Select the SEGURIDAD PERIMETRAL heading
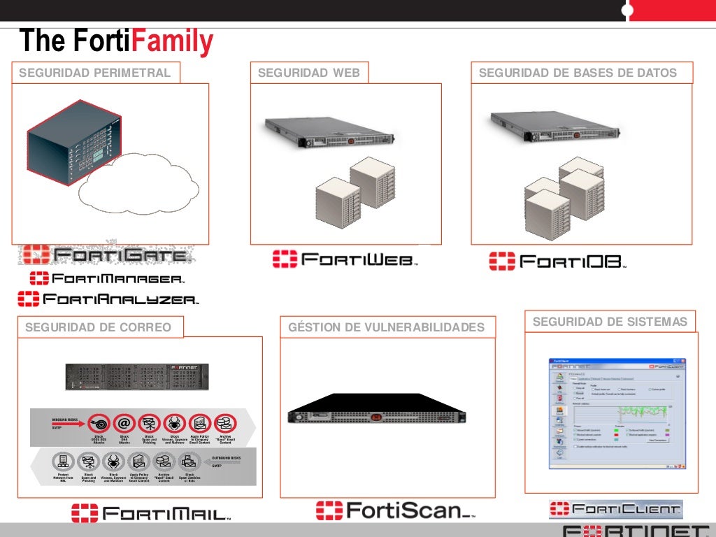pos(94,73)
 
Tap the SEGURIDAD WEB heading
pos(309,73)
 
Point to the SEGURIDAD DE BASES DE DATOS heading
pos(578,73)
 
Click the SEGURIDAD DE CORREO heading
pos(98,327)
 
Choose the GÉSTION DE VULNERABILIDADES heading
pos(387,327)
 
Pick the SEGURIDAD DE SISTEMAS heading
pos(610,322)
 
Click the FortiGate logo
pos(105,255)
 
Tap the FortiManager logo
pos(107,278)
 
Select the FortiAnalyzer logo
pos(108,299)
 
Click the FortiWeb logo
pos(345,259)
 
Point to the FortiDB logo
pos(557,262)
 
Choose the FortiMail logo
pos(151,514)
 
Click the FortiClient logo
pos(615,508)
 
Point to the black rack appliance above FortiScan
pos(377,412)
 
